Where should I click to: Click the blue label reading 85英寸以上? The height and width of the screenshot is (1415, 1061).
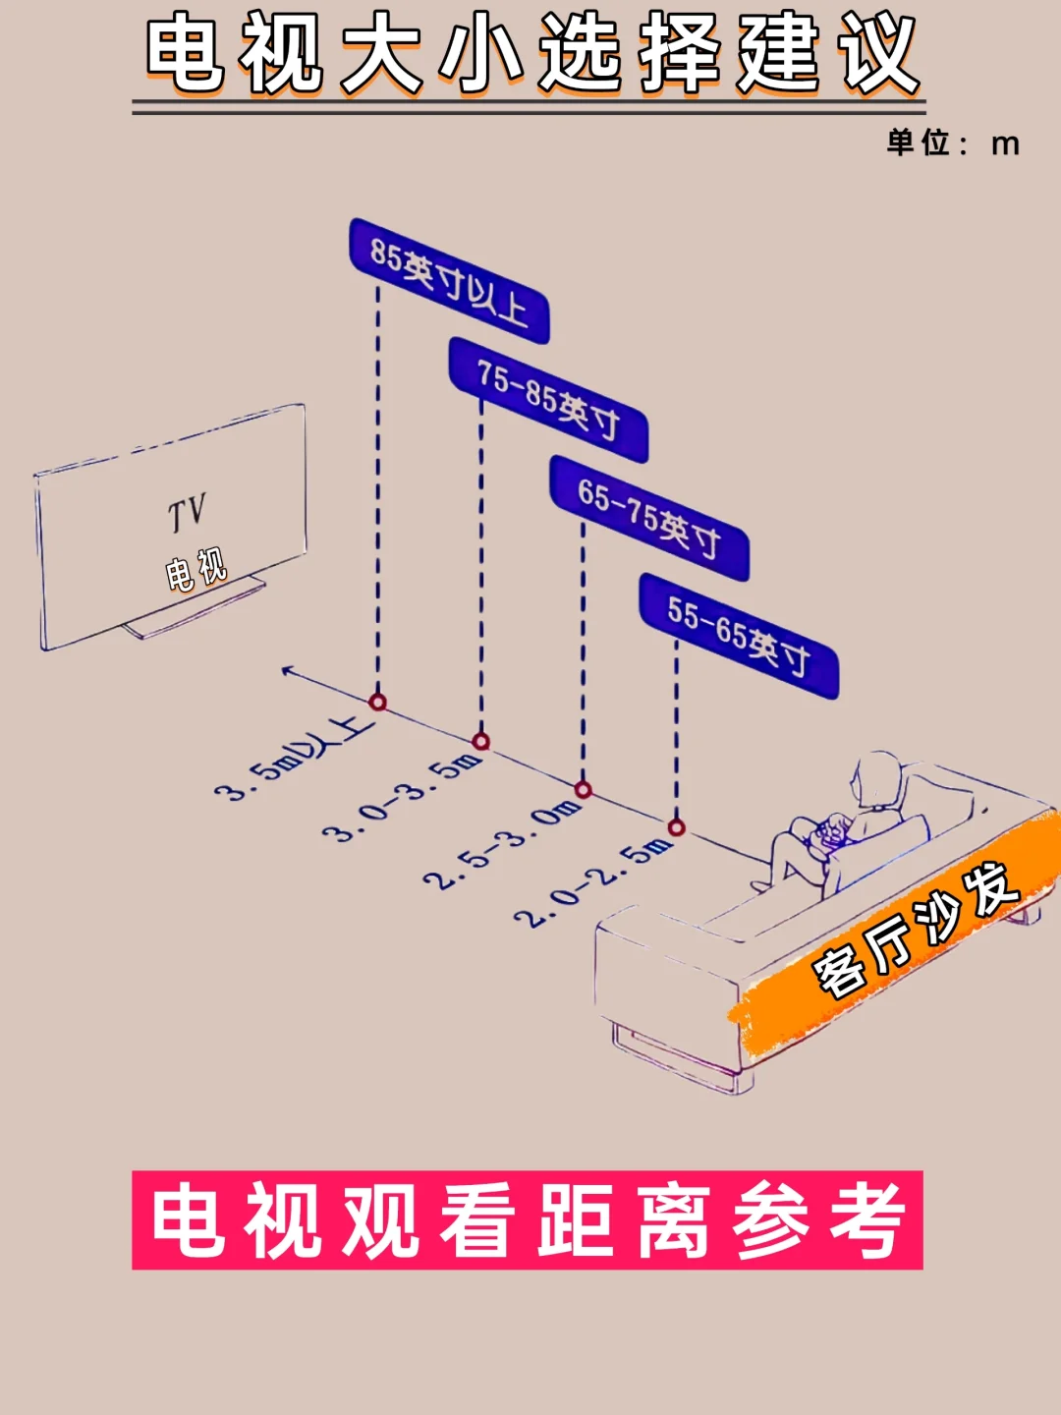click(x=448, y=281)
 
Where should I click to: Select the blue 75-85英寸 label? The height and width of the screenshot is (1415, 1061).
click(x=548, y=399)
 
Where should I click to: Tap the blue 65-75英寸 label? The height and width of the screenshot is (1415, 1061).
click(x=648, y=518)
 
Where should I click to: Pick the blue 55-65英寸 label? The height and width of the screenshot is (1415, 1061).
click(x=739, y=636)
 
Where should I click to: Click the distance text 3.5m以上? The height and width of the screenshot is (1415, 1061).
click(x=294, y=759)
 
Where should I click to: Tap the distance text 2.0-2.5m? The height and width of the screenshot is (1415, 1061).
click(x=594, y=882)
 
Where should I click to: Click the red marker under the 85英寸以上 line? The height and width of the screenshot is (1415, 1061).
click(x=377, y=702)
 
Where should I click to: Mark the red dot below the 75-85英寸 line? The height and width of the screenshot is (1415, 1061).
click(x=480, y=741)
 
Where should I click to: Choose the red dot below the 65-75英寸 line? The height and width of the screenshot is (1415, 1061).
click(x=583, y=789)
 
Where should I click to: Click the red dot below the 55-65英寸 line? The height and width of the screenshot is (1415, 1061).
click(x=676, y=827)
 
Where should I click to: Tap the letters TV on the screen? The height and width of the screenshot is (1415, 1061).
click(x=186, y=513)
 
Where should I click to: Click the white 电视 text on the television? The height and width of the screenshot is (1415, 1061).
click(x=195, y=570)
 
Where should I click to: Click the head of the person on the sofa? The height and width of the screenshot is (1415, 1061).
click(x=877, y=781)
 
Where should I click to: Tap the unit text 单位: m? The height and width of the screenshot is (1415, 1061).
click(x=953, y=143)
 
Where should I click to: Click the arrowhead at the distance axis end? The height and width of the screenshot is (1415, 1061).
click(x=288, y=671)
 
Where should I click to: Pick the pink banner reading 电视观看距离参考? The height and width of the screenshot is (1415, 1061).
click(x=528, y=1219)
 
